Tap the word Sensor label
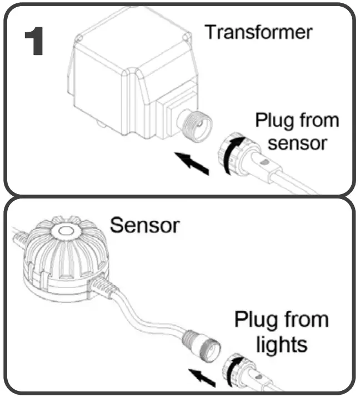[144, 225]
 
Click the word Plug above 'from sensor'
[274, 119]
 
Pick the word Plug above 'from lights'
[253, 321]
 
